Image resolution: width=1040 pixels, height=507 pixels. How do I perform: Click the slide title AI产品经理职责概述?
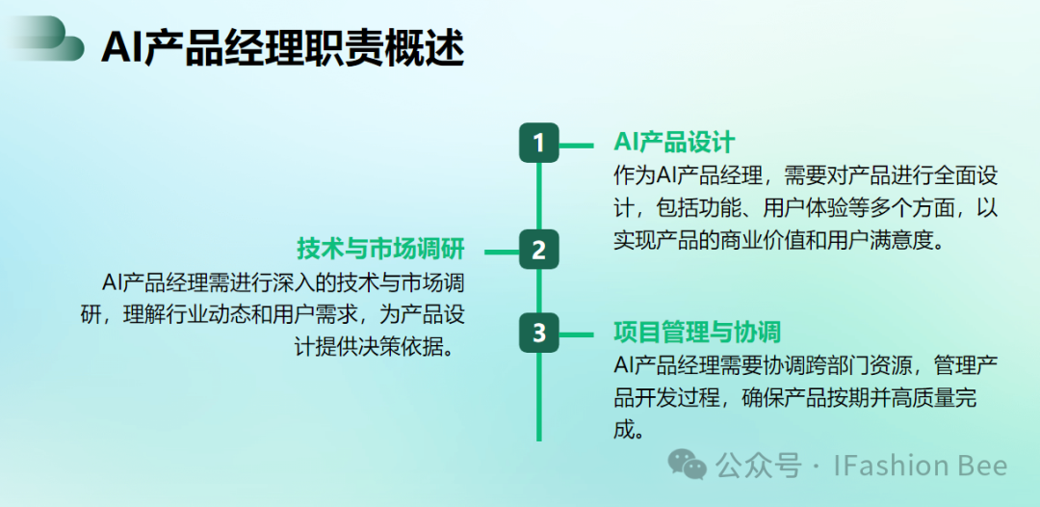coord(282,48)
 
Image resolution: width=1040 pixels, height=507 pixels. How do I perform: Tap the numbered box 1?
coord(538,143)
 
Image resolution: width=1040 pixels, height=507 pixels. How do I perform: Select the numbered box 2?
coord(538,250)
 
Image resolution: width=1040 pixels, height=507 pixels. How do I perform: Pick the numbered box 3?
coord(538,333)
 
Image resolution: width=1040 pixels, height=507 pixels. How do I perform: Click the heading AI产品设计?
coord(674,142)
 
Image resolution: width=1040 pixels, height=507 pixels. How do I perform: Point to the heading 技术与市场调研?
coord(380,250)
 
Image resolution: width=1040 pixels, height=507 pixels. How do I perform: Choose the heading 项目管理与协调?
coord(697,332)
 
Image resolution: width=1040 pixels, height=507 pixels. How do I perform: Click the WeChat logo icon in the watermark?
coord(688,464)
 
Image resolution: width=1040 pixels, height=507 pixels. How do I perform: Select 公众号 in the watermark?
coord(759,465)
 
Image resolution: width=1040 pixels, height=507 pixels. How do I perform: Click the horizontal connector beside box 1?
coord(577,144)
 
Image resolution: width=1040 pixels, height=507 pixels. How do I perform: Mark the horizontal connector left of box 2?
coord(502,252)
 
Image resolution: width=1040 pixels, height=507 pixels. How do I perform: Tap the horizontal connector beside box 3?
coord(577,334)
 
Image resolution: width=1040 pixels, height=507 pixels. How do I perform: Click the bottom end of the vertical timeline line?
coord(538,440)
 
